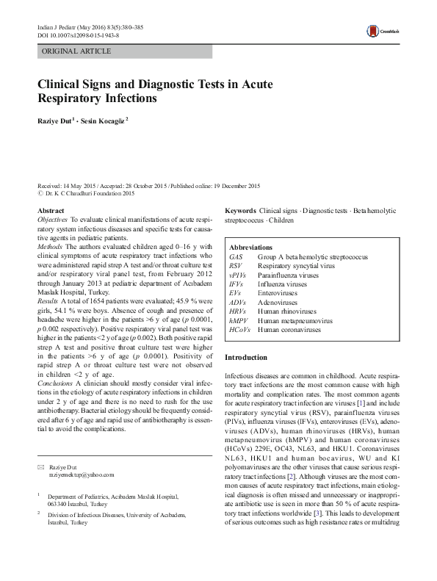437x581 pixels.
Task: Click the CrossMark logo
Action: click(x=381, y=32)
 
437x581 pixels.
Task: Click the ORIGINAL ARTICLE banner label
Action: click(x=76, y=51)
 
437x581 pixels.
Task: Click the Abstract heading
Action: click(x=51, y=211)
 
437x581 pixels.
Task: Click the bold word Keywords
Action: click(x=240, y=211)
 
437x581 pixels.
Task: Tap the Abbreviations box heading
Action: click(x=250, y=248)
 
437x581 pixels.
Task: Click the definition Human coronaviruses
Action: click(x=289, y=330)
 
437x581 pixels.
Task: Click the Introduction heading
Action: click(x=246, y=358)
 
